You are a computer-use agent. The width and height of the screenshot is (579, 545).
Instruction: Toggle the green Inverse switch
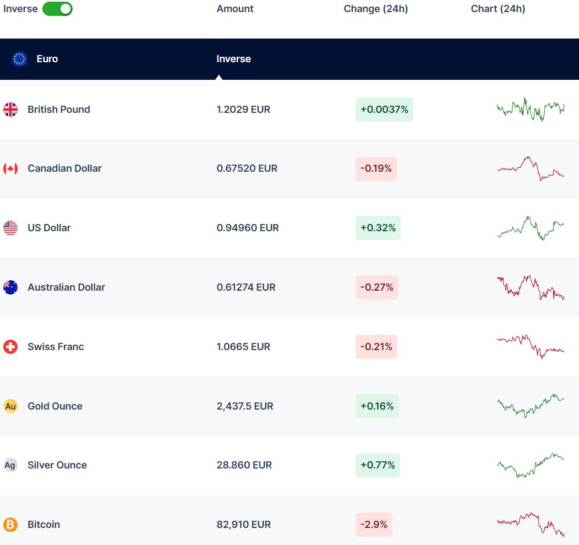(57, 9)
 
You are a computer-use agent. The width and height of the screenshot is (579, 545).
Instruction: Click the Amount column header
(235, 9)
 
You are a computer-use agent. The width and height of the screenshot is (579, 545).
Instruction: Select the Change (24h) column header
(376, 9)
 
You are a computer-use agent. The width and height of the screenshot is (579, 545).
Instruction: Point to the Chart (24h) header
(498, 9)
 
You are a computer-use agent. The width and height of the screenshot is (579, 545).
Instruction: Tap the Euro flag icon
(20, 59)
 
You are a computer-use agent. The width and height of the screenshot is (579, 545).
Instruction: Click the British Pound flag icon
(10, 110)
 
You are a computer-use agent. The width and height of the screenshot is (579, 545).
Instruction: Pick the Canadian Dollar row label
(64, 168)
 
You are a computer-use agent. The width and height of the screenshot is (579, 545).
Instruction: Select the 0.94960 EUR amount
(248, 228)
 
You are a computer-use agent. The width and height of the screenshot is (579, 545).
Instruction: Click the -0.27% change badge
(377, 287)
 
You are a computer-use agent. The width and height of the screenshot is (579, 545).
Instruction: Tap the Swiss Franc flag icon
(10, 347)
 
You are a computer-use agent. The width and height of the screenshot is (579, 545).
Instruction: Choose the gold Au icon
(10, 406)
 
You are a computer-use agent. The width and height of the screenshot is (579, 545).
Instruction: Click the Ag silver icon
(10, 465)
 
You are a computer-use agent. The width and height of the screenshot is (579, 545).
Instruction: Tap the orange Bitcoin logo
(10, 525)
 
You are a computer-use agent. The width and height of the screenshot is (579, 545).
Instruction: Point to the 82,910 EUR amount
(244, 525)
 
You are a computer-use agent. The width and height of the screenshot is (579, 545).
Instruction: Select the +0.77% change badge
(378, 465)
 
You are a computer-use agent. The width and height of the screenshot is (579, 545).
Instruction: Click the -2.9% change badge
(374, 525)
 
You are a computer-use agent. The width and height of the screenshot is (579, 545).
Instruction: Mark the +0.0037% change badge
(384, 110)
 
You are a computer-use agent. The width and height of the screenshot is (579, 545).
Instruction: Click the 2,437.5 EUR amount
(245, 406)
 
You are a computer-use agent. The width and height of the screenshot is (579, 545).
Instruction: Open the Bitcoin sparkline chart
(531, 525)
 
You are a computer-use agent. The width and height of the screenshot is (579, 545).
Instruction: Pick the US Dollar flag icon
(10, 228)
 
